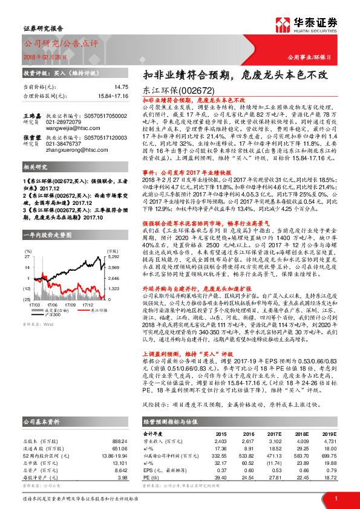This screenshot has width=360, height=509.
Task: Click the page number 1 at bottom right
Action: pos(335,498)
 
